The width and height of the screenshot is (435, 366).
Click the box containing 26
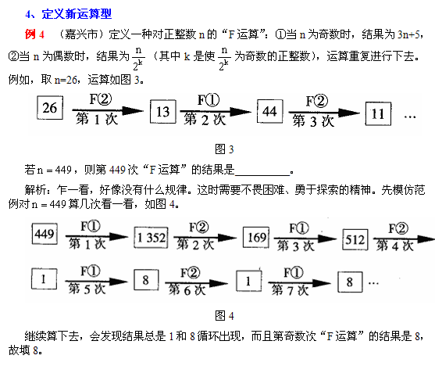pyautogui.click(x=50, y=108)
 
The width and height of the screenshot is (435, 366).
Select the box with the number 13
pyautogui.click(x=163, y=111)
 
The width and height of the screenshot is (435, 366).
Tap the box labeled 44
pyautogui.click(x=270, y=111)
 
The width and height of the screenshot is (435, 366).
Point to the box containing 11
pyautogui.click(x=378, y=113)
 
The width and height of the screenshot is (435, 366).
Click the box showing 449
pyautogui.click(x=45, y=234)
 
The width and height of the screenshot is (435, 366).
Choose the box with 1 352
pyautogui.click(x=152, y=237)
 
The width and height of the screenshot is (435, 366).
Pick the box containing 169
pyautogui.click(x=256, y=237)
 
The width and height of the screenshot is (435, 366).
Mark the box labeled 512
pyautogui.click(x=355, y=239)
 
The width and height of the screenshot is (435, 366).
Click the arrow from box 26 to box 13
pyautogui.click(x=108, y=110)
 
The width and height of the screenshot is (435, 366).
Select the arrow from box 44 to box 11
pyautogui.click(x=324, y=113)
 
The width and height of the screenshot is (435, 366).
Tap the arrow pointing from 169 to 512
pyautogui.click(x=305, y=239)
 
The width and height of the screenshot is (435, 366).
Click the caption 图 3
pyautogui.click(x=224, y=149)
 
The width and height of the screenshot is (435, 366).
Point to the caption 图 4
pyautogui.click(x=224, y=316)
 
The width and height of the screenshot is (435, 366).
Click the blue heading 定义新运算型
pyautogui.click(x=77, y=14)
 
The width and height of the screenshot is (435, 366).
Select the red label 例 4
pyautogui.click(x=34, y=34)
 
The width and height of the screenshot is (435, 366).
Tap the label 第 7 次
pyautogui.click(x=290, y=290)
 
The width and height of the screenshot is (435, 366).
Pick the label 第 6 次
pyautogui.click(x=187, y=290)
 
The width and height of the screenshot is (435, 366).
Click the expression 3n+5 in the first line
pyautogui.click(x=409, y=34)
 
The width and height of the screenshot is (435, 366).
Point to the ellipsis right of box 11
pyautogui.click(x=410, y=117)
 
